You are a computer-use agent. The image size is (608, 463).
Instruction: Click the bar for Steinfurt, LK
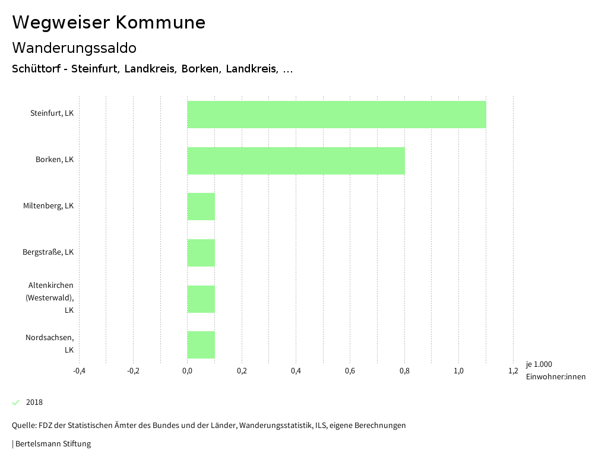coord(337,115)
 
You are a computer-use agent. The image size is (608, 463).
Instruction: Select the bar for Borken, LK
coord(296,161)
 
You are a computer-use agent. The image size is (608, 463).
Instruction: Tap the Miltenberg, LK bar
coord(201,207)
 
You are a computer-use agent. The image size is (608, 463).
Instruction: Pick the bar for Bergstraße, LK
coord(201,253)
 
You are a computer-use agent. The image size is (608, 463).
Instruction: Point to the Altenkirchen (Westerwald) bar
coord(201,299)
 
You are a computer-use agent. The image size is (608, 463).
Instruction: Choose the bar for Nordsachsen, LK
coord(201,345)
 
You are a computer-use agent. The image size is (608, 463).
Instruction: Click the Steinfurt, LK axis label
coord(52,113)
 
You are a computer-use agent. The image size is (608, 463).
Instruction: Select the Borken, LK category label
coord(54,160)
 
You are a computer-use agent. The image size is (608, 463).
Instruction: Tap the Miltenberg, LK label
coord(48,206)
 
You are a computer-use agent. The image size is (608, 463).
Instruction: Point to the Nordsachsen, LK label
coord(49,344)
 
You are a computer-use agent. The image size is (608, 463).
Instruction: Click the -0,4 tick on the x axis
coord(79,371)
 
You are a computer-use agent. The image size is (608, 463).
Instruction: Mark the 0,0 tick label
coord(187,371)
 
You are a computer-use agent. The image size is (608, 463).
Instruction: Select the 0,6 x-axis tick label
coord(350,371)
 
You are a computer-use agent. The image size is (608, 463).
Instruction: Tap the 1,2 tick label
coord(513,371)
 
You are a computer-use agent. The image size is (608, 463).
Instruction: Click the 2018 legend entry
coord(34,402)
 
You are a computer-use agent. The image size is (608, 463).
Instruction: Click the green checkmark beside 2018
coord(16,402)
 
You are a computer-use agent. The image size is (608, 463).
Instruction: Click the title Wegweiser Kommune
coord(109,23)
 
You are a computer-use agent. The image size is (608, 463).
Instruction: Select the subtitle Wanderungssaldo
coord(74,47)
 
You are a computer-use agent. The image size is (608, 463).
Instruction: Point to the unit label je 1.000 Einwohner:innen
coord(555,370)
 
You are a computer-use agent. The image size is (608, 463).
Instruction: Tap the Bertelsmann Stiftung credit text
coord(52,443)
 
